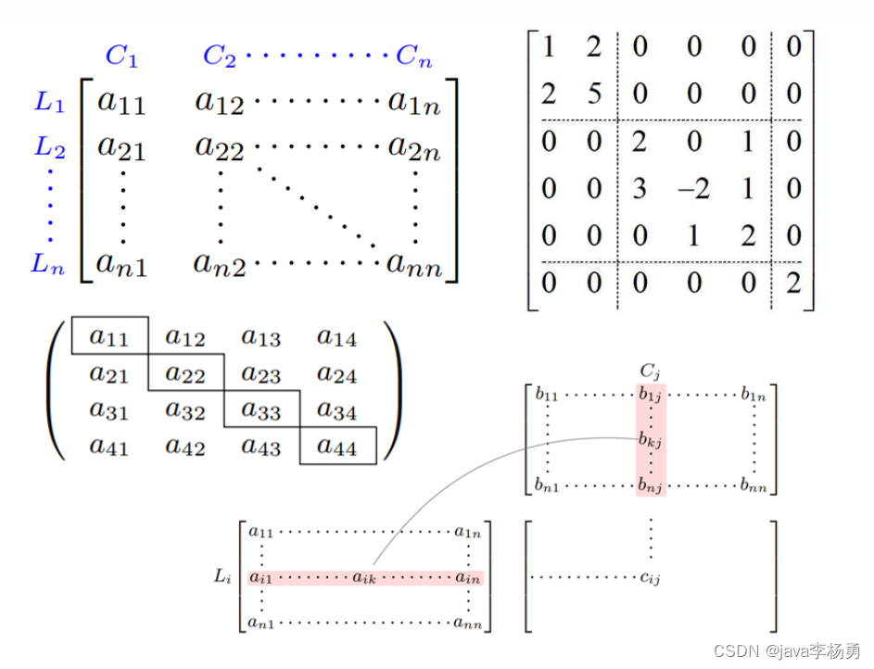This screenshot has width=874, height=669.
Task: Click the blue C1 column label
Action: [121, 57]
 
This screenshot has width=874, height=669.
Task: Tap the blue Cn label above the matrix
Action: [414, 57]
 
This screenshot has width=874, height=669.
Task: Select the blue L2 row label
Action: [50, 147]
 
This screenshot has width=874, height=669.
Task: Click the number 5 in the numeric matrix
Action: [594, 94]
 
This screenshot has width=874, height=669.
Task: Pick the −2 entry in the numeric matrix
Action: [693, 189]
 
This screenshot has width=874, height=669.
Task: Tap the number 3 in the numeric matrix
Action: [640, 189]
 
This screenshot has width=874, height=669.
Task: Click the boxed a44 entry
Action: [337, 447]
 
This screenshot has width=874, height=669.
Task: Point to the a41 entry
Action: [109, 447]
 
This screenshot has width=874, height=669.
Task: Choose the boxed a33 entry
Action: [261, 410]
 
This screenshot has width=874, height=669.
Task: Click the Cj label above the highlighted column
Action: [651, 371]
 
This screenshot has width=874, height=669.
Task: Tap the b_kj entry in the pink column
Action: [650, 440]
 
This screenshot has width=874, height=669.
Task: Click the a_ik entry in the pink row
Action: [364, 578]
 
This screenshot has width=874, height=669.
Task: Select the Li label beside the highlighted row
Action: [222, 576]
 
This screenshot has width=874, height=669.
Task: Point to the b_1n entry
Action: [754, 395]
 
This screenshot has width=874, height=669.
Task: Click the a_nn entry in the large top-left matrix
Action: [415, 267]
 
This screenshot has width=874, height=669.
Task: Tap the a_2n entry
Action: [413, 147]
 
